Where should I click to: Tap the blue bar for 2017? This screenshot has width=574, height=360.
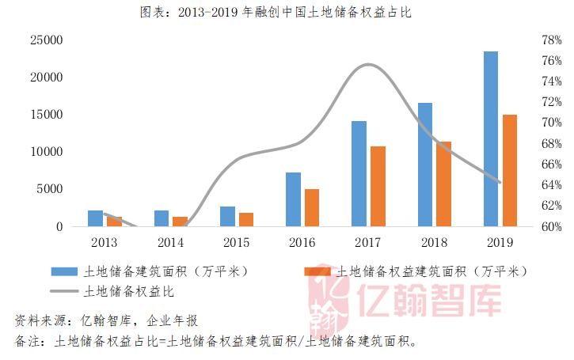click(359, 173)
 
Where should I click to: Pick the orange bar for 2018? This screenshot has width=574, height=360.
click(443, 184)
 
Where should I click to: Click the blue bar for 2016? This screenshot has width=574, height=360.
click(293, 199)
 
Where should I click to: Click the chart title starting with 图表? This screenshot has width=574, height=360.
click(287, 12)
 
